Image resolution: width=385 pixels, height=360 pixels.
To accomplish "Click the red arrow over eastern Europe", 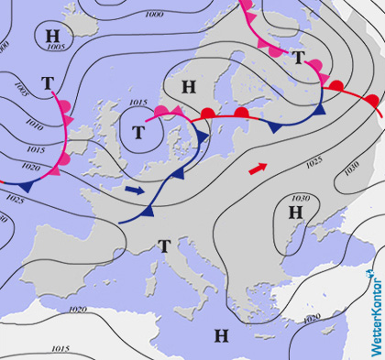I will click(259, 168).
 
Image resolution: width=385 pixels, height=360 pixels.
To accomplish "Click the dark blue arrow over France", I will click(135, 191).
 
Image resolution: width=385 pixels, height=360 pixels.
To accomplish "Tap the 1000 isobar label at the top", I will click(154, 15).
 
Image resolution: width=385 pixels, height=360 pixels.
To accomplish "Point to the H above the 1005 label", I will click(53, 35).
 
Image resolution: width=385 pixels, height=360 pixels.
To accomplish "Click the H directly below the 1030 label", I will click(295, 213).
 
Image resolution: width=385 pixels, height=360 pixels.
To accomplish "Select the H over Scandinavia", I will click(189, 87).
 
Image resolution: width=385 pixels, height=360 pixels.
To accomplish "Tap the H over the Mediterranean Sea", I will click(220, 333).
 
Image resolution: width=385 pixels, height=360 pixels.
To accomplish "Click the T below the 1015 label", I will click(137, 132).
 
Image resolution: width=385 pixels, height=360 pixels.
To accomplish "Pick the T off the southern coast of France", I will click(164, 245).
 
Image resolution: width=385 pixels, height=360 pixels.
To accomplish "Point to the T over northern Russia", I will click(297, 57).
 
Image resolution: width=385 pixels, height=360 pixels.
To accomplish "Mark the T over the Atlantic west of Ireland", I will click(47, 83).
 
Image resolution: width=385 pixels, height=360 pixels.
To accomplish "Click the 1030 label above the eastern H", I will click(299, 198).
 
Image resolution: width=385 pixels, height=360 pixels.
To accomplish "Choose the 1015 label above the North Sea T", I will click(138, 103).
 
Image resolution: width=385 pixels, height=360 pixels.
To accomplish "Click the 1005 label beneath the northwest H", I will click(55, 47).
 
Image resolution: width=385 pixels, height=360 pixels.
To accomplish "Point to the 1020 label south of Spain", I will click(77, 310).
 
